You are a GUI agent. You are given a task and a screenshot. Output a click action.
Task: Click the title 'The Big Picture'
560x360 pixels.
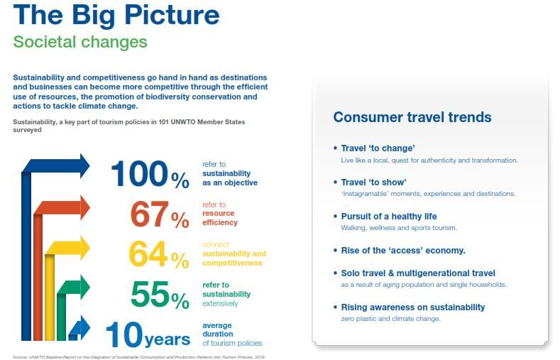[116, 16]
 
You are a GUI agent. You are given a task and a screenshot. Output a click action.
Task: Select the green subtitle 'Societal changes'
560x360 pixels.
[80, 42]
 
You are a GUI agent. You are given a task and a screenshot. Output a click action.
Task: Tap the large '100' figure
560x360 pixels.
[140, 173]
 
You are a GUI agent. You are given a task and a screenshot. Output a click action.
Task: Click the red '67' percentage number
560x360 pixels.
[149, 214]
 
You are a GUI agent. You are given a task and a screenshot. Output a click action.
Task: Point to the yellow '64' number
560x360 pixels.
[148, 254]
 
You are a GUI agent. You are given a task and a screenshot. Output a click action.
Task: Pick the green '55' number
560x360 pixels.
[150, 294]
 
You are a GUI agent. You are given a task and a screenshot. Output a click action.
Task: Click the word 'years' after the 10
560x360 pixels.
[167, 339]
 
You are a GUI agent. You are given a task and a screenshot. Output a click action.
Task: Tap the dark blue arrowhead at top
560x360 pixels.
[85, 165]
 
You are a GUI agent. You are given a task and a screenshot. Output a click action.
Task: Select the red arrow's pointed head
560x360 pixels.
[85, 208]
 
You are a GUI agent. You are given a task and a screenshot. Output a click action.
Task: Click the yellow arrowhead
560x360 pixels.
[85, 249]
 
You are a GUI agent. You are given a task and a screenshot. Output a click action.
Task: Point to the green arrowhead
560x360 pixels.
[85, 287]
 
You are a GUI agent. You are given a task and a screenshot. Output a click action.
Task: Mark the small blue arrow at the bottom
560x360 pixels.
[79, 328]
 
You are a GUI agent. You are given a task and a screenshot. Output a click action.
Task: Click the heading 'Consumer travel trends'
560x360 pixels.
[412, 117]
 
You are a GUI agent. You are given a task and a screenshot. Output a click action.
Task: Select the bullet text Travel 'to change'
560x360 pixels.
[378, 148]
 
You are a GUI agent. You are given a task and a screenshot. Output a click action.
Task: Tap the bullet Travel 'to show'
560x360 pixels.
[373, 182]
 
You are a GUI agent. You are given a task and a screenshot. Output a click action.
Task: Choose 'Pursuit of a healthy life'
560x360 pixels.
[389, 217]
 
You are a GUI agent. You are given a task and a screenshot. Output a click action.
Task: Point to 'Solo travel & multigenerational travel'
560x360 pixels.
[418, 273]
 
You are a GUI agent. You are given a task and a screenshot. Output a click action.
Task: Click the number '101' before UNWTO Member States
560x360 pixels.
[164, 122]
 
